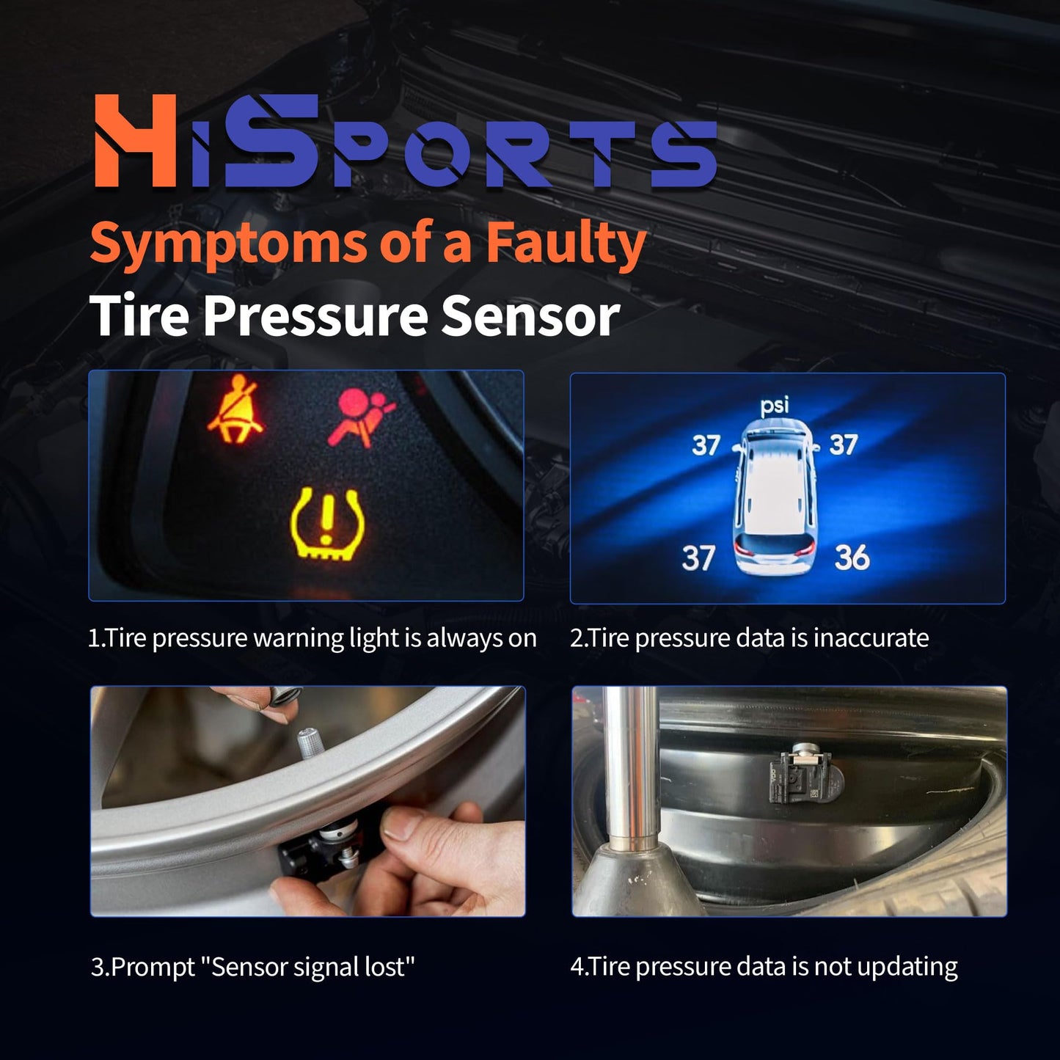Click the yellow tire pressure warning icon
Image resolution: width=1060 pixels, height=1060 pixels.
click(x=326, y=524)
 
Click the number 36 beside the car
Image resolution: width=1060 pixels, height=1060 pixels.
click(x=852, y=558)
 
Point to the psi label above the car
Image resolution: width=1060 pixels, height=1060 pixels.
click(x=774, y=405)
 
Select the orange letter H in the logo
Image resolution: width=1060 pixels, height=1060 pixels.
click(x=136, y=140)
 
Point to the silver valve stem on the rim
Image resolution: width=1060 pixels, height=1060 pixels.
click(x=309, y=742)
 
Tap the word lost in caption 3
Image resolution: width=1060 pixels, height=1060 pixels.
click(x=386, y=967)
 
